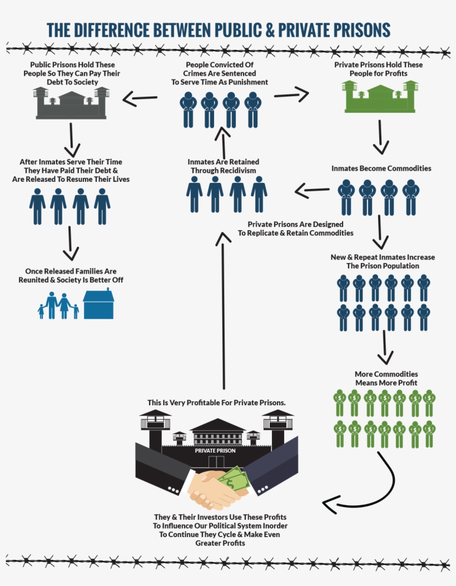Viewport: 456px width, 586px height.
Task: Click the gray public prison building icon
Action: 71,103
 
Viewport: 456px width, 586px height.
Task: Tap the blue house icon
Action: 98,304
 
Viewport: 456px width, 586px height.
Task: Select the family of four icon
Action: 58,306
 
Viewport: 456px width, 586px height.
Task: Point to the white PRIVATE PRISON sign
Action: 215,450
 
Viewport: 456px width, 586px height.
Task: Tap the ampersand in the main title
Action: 270,29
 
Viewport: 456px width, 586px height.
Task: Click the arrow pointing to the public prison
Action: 140,99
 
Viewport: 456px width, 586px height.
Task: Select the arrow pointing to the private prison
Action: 291,94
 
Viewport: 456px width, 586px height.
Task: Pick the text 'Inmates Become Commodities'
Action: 381,168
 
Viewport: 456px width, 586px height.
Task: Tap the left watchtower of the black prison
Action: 155,426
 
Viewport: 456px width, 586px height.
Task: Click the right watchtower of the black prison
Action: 277,426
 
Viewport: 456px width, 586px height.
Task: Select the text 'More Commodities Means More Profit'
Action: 386,379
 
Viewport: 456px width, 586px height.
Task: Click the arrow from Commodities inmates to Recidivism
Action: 311,192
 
